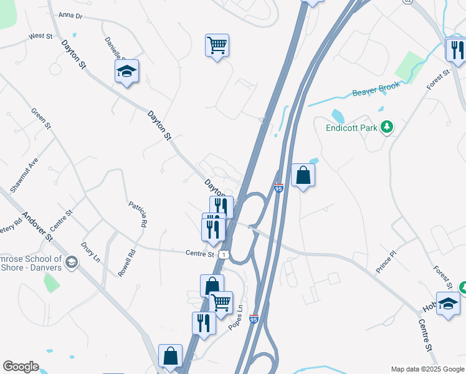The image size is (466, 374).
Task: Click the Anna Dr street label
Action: (x=70, y=15)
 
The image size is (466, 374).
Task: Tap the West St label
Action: (x=40, y=37)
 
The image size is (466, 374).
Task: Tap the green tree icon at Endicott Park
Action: (x=387, y=128)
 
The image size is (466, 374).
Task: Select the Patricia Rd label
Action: (x=139, y=213)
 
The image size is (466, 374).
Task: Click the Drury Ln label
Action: (x=90, y=251)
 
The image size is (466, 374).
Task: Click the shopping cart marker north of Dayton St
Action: (x=217, y=45)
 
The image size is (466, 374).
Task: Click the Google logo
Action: (x=21, y=367)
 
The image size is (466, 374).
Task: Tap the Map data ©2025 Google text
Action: (x=426, y=369)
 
